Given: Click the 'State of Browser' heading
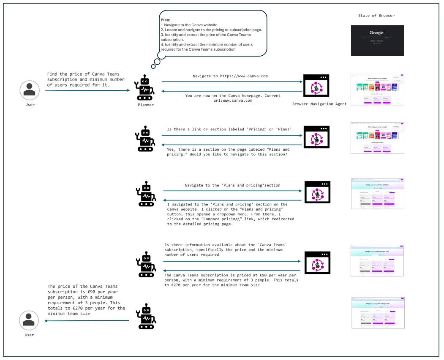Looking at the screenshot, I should tap(376, 16).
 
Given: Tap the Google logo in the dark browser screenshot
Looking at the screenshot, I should tap(376, 33).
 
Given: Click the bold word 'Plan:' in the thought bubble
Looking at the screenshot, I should tap(166, 20).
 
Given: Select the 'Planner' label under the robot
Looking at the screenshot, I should tap(146, 104).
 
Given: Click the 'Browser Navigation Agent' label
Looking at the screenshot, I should tap(319, 103).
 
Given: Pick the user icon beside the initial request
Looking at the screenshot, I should tap(29, 90).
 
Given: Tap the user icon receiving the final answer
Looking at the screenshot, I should tap(29, 320).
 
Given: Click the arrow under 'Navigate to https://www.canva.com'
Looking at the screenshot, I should tap(232, 82).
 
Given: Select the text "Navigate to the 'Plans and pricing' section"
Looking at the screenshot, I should tap(232, 185).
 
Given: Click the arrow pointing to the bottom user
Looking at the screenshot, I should tap(87, 321).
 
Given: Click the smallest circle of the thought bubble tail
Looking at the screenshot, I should tap(153, 66).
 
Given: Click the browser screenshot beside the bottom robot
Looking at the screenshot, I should tap(377, 313).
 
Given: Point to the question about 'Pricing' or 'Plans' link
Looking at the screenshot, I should tap(230, 129).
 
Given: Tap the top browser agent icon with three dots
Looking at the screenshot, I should tap(316, 87).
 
